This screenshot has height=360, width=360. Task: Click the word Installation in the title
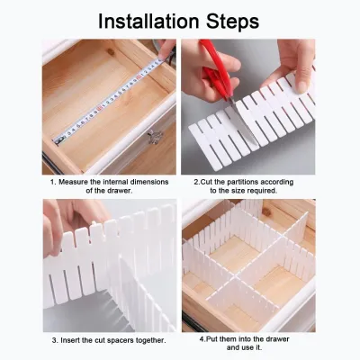[x=148, y=21]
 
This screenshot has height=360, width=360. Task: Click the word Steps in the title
[x=233, y=22]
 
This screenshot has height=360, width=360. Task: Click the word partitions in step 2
[x=242, y=182]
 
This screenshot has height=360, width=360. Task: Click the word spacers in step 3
[x=124, y=341]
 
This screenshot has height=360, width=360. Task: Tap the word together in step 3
[x=152, y=341]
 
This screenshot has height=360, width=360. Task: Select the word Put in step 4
[x=211, y=339]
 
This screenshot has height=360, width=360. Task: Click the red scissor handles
[x=215, y=68]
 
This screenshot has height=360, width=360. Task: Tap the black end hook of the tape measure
[x=58, y=139]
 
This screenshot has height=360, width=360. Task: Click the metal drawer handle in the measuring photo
[x=156, y=137]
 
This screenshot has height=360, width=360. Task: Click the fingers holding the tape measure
[x=166, y=50]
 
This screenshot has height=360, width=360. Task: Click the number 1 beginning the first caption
[x=52, y=182]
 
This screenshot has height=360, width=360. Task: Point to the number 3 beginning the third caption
[x=54, y=341]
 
